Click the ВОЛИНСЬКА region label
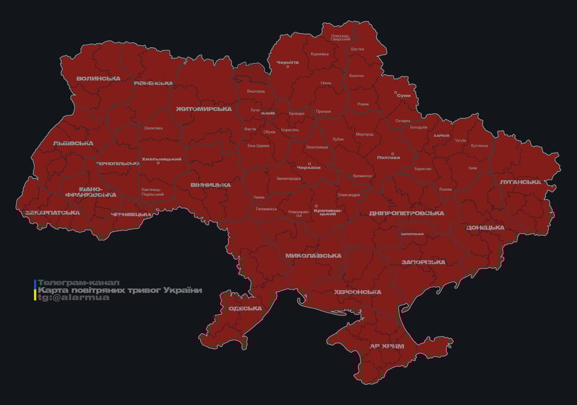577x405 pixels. (98, 79)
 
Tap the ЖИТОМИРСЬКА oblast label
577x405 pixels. (204, 109)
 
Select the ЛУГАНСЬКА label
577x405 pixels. (521, 182)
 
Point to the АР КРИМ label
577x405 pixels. (387, 346)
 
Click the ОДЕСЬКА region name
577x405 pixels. (245, 308)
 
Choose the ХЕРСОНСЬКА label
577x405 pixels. (357, 292)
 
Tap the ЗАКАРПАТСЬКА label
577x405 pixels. (53, 213)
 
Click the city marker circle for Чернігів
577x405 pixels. (287, 66)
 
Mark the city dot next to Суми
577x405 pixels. (396, 92)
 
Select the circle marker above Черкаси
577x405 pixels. (310, 163)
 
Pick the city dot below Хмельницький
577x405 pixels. (158, 163)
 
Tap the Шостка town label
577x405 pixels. (357, 49)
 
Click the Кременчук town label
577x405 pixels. (362, 176)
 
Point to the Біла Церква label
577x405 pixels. (258, 146)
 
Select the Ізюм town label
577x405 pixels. (473, 168)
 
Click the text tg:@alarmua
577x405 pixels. (74, 297)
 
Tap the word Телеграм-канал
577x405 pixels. (79, 283)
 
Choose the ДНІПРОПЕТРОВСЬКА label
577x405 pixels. (407, 214)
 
